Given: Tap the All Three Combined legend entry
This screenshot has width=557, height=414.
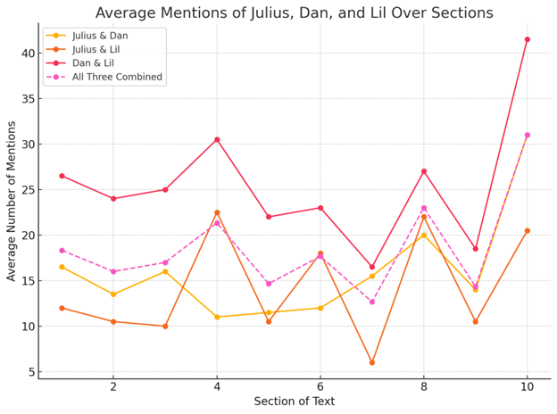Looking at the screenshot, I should click(x=117, y=78).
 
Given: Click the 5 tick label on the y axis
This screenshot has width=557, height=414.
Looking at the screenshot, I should click(x=29, y=372).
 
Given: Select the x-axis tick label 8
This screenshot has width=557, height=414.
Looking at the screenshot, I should click(x=424, y=387).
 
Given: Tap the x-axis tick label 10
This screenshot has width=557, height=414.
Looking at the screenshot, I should click(x=527, y=387).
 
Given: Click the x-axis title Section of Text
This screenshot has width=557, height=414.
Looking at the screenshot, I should click(x=294, y=402).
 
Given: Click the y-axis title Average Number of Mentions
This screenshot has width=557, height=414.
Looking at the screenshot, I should click(x=12, y=201).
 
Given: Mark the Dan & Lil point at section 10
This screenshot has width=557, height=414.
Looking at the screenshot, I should click(x=528, y=39).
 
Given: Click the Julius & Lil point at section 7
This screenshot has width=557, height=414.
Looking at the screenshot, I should click(x=372, y=362).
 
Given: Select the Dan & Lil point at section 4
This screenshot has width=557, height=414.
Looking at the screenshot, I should click(x=217, y=139).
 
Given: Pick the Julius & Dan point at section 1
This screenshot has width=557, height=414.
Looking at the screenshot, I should click(x=62, y=267).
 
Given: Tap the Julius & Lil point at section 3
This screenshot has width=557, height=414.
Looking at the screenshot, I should click(x=165, y=327).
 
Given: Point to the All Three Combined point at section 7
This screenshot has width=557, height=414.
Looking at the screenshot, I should click(x=372, y=302).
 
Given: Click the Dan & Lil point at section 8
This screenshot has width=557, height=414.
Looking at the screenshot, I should click(x=424, y=171).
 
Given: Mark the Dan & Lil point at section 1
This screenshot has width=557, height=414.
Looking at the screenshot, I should click(x=62, y=176).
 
